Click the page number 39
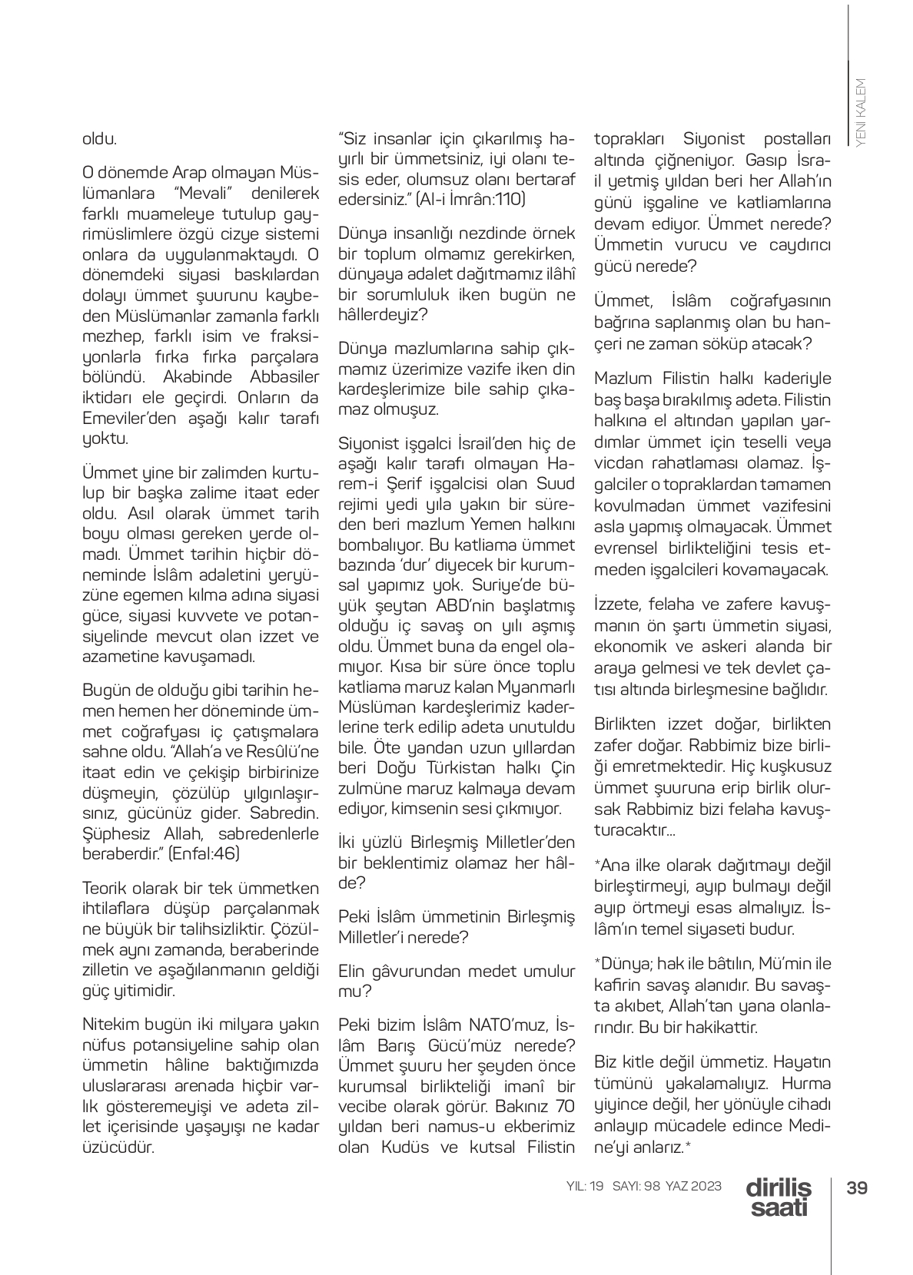click(x=857, y=1187)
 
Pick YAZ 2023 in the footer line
click(x=694, y=1186)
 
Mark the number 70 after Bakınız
click(x=565, y=1107)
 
